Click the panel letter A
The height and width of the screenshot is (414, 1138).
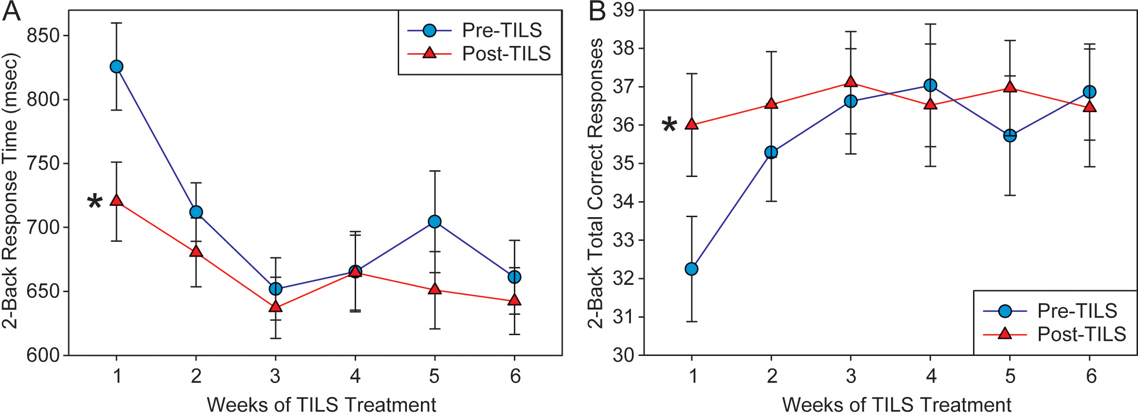[11, 12]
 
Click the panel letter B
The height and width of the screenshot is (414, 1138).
[597, 12]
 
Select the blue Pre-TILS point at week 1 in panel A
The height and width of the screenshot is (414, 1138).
[116, 67]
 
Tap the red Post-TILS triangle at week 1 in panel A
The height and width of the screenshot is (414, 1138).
[116, 200]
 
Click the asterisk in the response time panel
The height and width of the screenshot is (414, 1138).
[95, 202]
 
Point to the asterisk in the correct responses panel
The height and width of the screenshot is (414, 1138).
[669, 126]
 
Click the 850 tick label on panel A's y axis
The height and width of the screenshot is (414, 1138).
[43, 36]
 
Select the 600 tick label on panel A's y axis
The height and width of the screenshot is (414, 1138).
[43, 355]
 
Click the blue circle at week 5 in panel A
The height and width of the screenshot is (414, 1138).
[434, 222]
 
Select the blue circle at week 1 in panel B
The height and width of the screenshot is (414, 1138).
[692, 269]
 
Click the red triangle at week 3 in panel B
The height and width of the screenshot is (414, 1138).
[851, 82]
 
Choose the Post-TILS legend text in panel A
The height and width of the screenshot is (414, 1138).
[506, 54]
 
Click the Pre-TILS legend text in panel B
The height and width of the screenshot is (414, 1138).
[1077, 311]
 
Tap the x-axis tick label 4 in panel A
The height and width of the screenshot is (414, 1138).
[355, 376]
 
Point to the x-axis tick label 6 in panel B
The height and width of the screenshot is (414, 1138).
[1091, 376]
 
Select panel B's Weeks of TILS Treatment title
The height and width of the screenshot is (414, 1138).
[897, 404]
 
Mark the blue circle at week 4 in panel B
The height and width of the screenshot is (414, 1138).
[930, 86]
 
